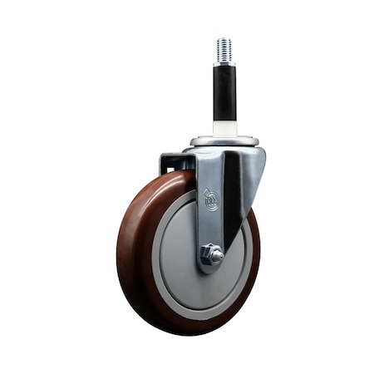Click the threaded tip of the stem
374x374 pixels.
click(x=224, y=48)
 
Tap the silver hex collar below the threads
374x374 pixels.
click(x=224, y=63)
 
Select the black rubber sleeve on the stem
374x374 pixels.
click(x=224, y=94)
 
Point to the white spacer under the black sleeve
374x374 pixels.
click(x=224, y=129)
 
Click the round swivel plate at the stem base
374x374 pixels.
click(x=224, y=142)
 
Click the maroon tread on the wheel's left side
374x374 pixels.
click(x=127, y=249)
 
